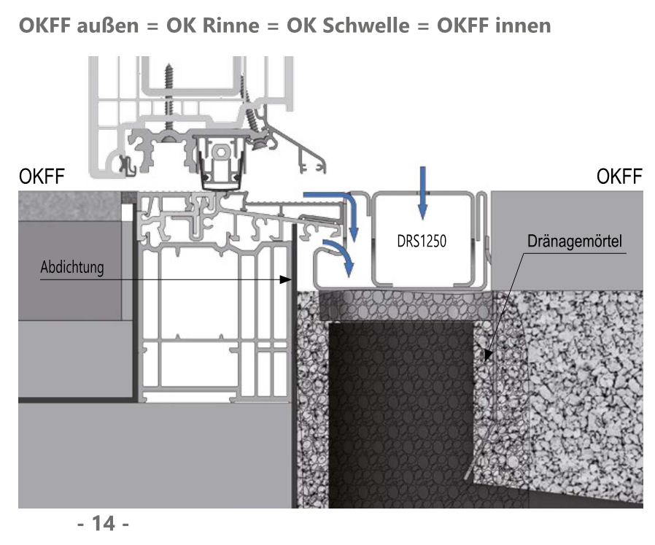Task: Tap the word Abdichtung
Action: tap(71, 267)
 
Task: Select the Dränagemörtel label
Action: tap(575, 241)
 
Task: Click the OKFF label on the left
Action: tap(41, 177)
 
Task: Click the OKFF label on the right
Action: tap(619, 177)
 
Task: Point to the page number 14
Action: tap(102, 523)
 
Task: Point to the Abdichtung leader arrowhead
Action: tap(288, 279)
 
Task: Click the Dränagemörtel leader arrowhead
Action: tap(485, 357)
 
